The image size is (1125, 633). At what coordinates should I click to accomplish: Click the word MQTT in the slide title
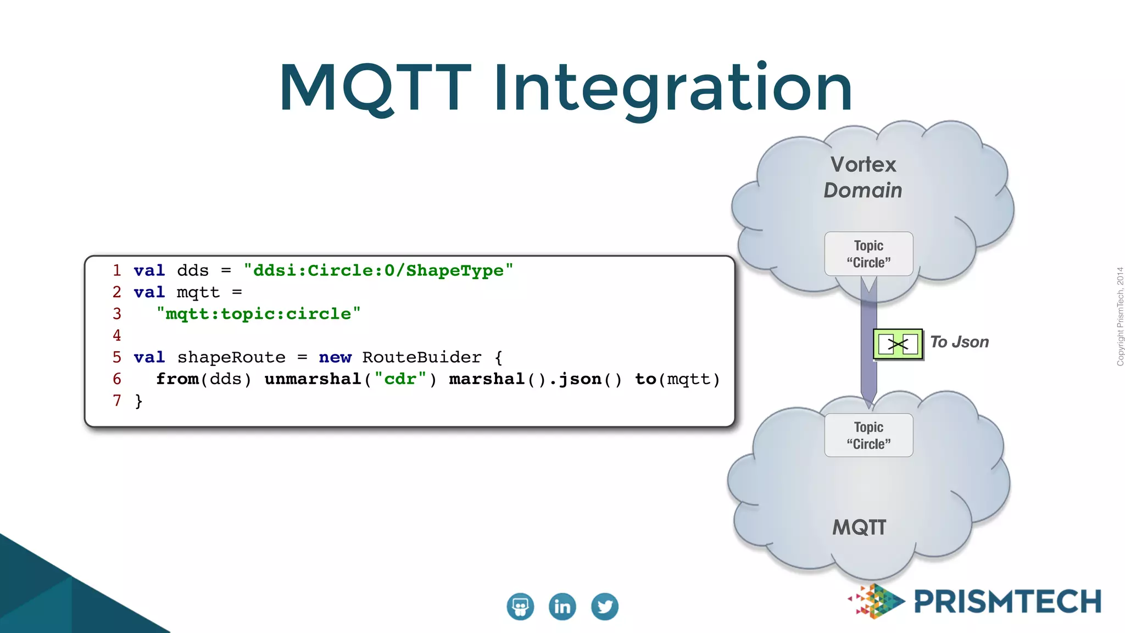(x=375, y=88)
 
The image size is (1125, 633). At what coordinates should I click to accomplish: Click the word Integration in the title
(x=673, y=88)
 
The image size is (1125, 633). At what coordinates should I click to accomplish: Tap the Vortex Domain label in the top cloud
(x=863, y=177)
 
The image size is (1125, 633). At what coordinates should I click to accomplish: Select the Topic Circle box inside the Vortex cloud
(x=868, y=254)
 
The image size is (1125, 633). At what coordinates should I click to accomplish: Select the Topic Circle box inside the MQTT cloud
(x=868, y=435)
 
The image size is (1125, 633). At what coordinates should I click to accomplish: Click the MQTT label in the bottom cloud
(x=860, y=527)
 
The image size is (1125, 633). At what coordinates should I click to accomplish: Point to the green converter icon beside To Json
(x=898, y=345)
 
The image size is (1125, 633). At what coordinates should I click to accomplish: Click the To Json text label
(x=959, y=342)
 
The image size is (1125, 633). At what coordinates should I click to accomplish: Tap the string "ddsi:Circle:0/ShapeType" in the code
(x=378, y=270)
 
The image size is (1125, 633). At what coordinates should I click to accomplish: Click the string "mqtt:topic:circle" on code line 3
(x=258, y=314)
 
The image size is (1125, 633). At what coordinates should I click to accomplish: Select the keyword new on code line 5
(x=335, y=357)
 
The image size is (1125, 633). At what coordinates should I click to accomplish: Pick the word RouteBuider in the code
(x=421, y=357)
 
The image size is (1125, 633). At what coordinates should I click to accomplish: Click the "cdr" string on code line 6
(x=400, y=379)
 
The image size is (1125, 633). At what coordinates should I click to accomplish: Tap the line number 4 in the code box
(x=117, y=335)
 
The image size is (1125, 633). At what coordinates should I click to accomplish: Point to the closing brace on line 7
(x=138, y=401)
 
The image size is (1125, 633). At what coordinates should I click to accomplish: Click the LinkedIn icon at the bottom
(x=562, y=607)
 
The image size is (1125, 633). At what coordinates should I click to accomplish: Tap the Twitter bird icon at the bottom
(x=605, y=607)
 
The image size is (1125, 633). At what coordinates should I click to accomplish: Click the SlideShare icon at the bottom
(x=520, y=607)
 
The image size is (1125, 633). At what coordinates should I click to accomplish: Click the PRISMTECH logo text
(x=1007, y=602)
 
